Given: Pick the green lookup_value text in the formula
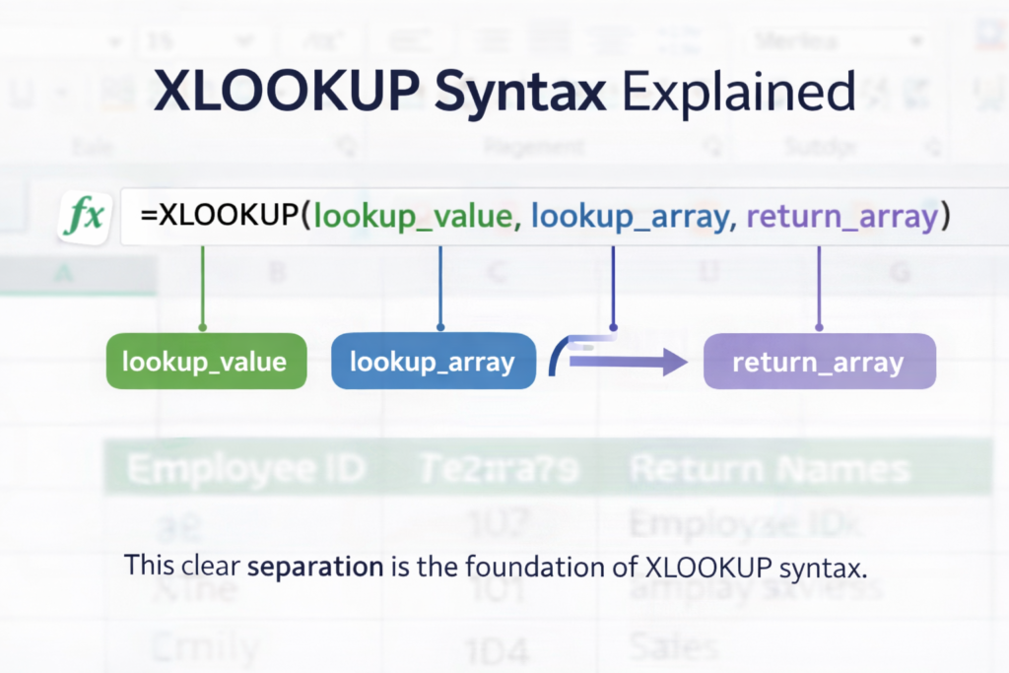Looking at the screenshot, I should point(417,218).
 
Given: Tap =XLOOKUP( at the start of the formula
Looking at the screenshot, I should point(226,218).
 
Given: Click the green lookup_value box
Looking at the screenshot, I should point(204,362).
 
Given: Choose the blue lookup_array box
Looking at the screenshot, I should point(433,362).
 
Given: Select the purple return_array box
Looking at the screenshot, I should point(818,362).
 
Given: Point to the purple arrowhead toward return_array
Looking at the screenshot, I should point(675,362).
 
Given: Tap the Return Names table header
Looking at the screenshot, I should point(770,469).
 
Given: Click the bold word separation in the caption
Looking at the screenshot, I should point(315,568).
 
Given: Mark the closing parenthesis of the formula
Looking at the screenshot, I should point(945,218).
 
